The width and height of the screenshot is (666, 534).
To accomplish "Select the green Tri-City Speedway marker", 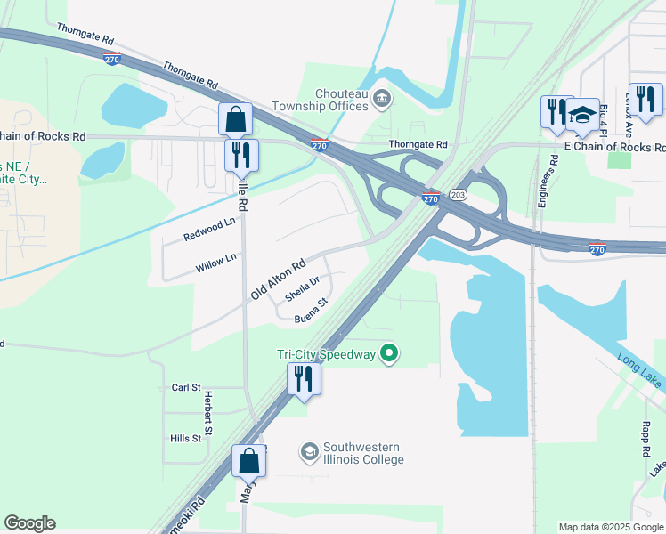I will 388,354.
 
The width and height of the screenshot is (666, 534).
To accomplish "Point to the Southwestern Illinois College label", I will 363,453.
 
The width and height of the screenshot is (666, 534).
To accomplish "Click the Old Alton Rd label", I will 279,278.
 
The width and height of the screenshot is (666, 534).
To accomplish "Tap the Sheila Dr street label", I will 302,289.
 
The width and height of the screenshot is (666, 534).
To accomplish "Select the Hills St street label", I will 185,439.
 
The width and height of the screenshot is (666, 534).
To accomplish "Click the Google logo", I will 29,523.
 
